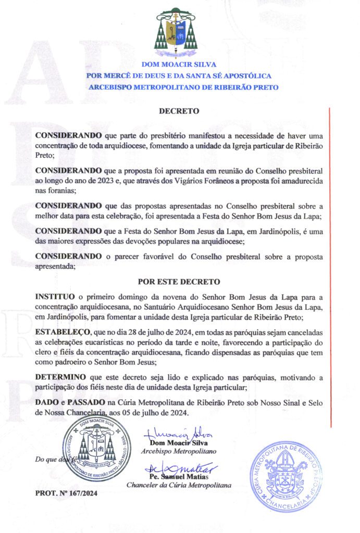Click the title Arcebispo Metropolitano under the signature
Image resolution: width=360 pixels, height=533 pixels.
click(x=179, y=451)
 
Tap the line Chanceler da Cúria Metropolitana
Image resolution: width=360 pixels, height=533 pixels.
click(x=179, y=485)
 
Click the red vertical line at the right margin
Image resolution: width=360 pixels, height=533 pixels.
click(x=330, y=260)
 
